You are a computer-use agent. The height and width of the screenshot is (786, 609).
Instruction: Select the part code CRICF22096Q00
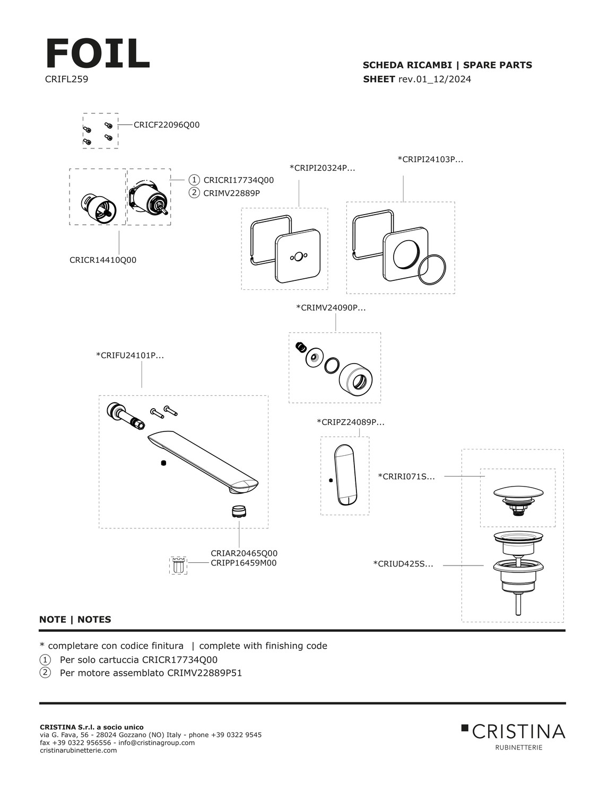click(x=167, y=125)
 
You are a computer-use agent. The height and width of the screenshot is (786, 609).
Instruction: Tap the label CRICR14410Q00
click(x=103, y=260)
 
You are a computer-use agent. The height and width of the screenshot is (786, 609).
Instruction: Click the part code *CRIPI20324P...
click(x=322, y=168)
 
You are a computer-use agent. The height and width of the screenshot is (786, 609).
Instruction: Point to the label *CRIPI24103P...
click(x=430, y=160)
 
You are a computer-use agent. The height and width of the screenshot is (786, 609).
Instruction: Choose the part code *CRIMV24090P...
click(x=330, y=307)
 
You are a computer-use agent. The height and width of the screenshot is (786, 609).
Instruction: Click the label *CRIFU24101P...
click(x=129, y=356)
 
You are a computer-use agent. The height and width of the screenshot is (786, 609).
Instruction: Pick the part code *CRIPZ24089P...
click(x=350, y=422)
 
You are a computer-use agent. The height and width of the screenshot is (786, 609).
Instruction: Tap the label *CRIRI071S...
click(x=406, y=476)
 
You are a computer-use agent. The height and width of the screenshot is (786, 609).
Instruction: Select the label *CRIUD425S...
click(x=403, y=564)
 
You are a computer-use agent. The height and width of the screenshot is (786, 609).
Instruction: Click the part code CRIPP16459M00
click(x=243, y=563)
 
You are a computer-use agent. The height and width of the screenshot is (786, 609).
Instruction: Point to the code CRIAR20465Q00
click(x=243, y=553)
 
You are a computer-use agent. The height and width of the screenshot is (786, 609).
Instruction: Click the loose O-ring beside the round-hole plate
click(x=432, y=270)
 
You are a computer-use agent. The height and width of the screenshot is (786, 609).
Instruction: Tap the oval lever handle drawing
click(x=345, y=476)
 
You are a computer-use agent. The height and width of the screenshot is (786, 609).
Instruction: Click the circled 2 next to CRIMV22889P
click(x=194, y=192)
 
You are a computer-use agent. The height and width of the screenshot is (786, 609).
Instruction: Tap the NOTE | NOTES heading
click(x=75, y=619)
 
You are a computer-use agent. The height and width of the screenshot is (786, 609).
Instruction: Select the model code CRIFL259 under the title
click(x=66, y=80)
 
